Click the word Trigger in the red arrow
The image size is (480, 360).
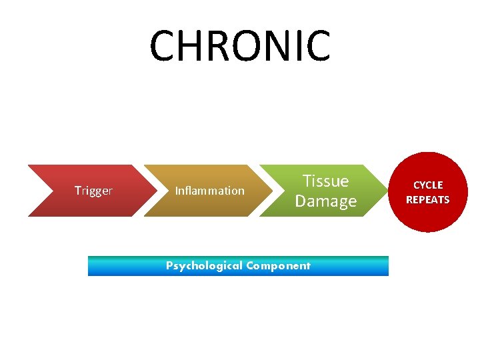93,191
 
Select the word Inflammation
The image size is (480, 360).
209,191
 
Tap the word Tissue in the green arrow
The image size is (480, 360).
325,181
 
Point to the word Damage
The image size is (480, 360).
325,201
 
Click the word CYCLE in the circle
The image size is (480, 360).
428,185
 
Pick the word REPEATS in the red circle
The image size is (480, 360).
428,200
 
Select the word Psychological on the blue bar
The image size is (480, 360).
204,266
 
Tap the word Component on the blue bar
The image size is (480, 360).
278,266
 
